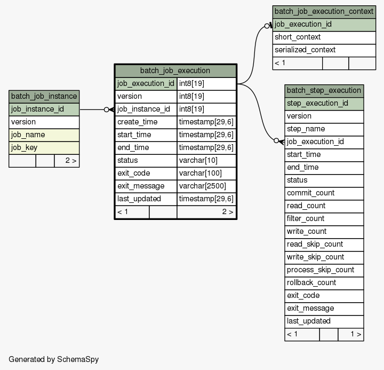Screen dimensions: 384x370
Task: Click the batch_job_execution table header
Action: pyautogui.click(x=175, y=70)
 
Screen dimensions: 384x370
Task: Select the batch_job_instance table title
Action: pyautogui.click(x=44, y=96)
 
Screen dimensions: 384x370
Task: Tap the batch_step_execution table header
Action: pyautogui.click(x=324, y=91)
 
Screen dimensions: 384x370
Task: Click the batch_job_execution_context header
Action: pyautogui.click(x=324, y=12)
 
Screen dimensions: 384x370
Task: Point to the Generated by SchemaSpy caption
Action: pyautogui.click(x=54, y=359)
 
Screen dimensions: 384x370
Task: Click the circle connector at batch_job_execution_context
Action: pyautogui.click(x=267, y=26)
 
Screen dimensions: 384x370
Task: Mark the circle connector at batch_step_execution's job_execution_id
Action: pyautogui.click(x=276, y=140)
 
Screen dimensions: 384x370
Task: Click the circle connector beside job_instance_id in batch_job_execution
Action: pyautogui.click(x=106, y=109)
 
